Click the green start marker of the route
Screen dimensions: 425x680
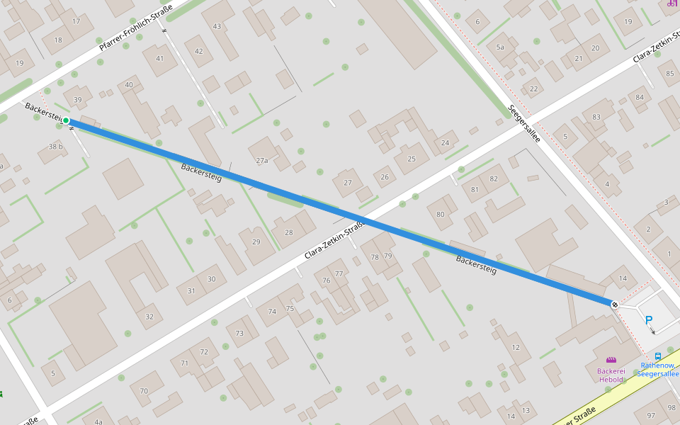tap(66, 120)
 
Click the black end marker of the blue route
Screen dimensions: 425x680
tap(614, 305)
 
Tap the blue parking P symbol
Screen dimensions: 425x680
tap(649, 320)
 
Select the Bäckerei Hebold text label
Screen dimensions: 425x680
tap(611, 375)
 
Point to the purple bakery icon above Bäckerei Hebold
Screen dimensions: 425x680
tap(611, 360)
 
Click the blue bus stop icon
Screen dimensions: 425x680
tap(658, 356)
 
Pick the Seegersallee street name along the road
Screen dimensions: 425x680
tap(524, 124)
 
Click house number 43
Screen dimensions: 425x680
tap(217, 26)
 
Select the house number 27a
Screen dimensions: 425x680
tap(262, 161)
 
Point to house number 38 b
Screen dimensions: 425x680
tap(56, 147)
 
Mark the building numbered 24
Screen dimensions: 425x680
tap(445, 143)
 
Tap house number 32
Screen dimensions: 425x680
tap(149, 317)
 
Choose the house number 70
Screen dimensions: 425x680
tap(144, 391)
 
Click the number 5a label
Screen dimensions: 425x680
tap(500, 47)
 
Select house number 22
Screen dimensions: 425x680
tap(533, 89)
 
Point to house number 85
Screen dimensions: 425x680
tap(670, 73)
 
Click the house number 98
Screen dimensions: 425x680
tap(671, 407)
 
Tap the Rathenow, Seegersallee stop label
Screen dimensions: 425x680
tap(659, 370)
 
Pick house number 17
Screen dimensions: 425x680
tap(76, 21)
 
